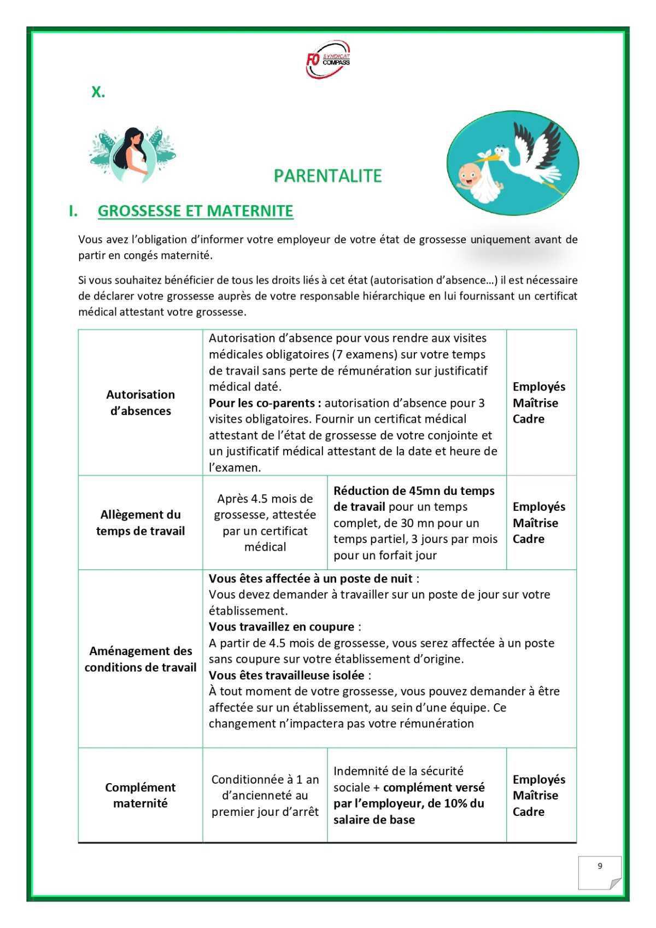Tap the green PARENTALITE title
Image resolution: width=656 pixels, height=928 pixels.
pyautogui.click(x=327, y=176)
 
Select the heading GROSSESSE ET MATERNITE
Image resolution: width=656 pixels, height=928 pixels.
pyautogui.click(x=195, y=211)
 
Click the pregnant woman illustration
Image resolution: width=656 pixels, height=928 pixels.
pyautogui.click(x=133, y=154)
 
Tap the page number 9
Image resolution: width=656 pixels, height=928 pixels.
pyautogui.click(x=600, y=866)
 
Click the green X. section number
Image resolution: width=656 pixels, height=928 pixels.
pyautogui.click(x=98, y=92)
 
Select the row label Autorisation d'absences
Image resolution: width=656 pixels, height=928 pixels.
pyautogui.click(x=140, y=402)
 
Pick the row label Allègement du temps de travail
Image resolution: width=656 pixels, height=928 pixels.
pyautogui.click(x=140, y=522)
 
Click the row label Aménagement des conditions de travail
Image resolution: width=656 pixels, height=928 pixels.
pyautogui.click(x=140, y=659)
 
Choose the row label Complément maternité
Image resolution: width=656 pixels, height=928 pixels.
pyautogui.click(x=140, y=795)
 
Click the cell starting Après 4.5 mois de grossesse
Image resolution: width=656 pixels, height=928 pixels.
pyautogui.click(x=265, y=522)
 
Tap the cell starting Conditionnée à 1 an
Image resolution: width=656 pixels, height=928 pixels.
pyautogui.click(x=265, y=795)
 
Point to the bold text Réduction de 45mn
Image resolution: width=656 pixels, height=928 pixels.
pyautogui.click(x=377, y=491)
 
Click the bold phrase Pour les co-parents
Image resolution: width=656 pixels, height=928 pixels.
pyautogui.click(x=265, y=403)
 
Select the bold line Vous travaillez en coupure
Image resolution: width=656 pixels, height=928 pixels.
pyautogui.click(x=282, y=627)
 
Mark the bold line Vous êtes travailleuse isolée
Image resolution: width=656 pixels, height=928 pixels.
pyautogui.click(x=286, y=675)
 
